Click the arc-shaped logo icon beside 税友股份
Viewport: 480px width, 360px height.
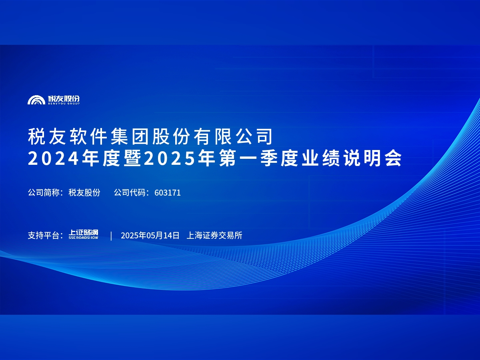click(x=36, y=100)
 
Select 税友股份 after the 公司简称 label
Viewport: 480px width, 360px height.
click(x=84, y=192)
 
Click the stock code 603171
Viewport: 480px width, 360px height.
click(x=168, y=192)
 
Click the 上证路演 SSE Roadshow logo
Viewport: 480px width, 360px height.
click(x=83, y=235)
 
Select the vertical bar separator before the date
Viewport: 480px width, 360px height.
click(x=111, y=235)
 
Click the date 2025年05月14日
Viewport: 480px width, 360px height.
click(x=150, y=235)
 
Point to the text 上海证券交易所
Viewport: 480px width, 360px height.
click(x=214, y=235)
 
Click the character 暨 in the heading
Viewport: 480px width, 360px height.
click(x=132, y=159)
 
